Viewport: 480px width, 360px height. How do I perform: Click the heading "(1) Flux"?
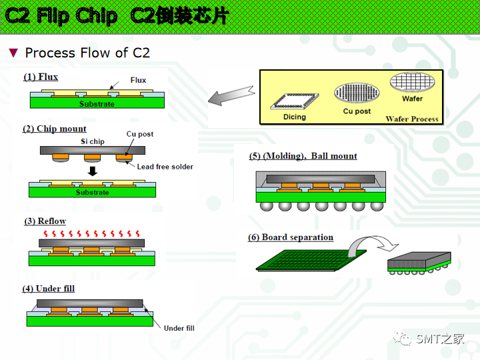[x=41, y=77]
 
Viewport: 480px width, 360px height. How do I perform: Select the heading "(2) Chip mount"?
[x=55, y=129]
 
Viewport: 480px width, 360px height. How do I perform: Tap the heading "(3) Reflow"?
[x=45, y=221]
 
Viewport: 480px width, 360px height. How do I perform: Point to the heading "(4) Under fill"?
[x=48, y=289]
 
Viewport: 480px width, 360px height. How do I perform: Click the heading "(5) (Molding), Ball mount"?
[x=303, y=156]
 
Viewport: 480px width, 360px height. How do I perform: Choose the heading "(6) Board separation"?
[x=291, y=237]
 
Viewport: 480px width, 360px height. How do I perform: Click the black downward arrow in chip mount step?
[x=93, y=171]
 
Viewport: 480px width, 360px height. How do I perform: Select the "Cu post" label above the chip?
[x=140, y=134]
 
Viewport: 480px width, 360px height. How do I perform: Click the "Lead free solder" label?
[x=165, y=167]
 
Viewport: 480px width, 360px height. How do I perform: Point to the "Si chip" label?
[x=93, y=141]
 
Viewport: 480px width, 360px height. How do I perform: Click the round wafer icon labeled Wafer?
[x=412, y=83]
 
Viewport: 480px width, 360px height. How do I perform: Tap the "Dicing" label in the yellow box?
[x=294, y=117]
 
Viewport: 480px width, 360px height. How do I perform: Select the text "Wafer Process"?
[x=412, y=119]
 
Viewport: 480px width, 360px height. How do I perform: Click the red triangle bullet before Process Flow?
[x=13, y=53]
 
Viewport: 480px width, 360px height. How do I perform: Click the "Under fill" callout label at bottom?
[x=179, y=328]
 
